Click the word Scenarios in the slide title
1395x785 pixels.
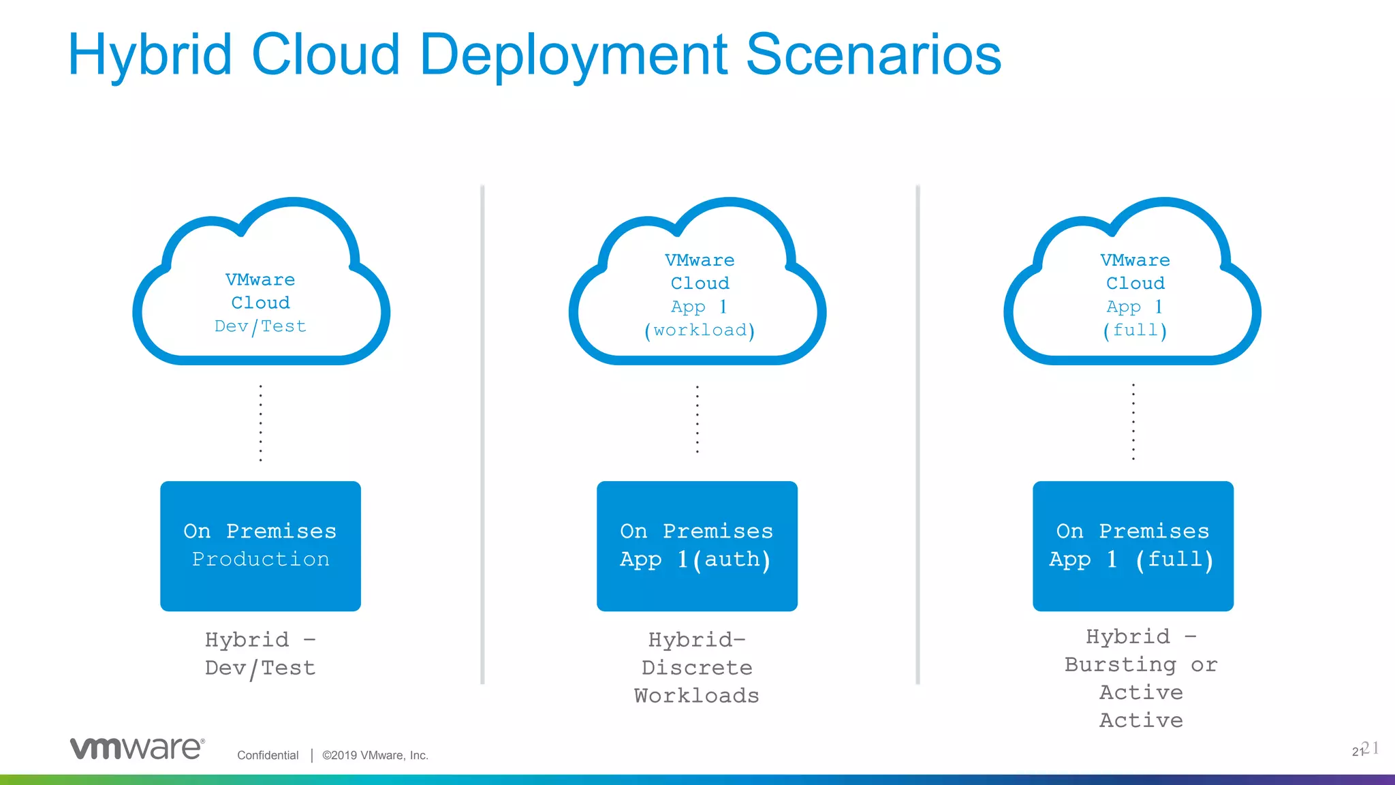point(873,55)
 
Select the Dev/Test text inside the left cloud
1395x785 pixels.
point(260,326)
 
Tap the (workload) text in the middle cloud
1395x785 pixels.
point(700,330)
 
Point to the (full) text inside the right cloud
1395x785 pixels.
point(1135,330)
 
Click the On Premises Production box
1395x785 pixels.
point(260,546)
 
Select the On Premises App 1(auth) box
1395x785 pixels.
point(697,546)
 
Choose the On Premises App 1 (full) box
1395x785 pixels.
point(1133,546)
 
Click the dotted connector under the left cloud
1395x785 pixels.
point(261,423)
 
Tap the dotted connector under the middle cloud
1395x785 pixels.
point(697,420)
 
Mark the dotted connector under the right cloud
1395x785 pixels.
point(1133,422)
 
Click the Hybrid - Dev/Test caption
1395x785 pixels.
point(260,653)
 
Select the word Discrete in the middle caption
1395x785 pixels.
point(697,668)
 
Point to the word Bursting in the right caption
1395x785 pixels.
point(1120,664)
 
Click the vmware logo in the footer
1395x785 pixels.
point(137,748)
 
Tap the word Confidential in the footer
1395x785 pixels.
point(268,755)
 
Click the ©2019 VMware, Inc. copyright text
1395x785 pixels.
point(375,755)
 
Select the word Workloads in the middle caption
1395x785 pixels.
point(697,696)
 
